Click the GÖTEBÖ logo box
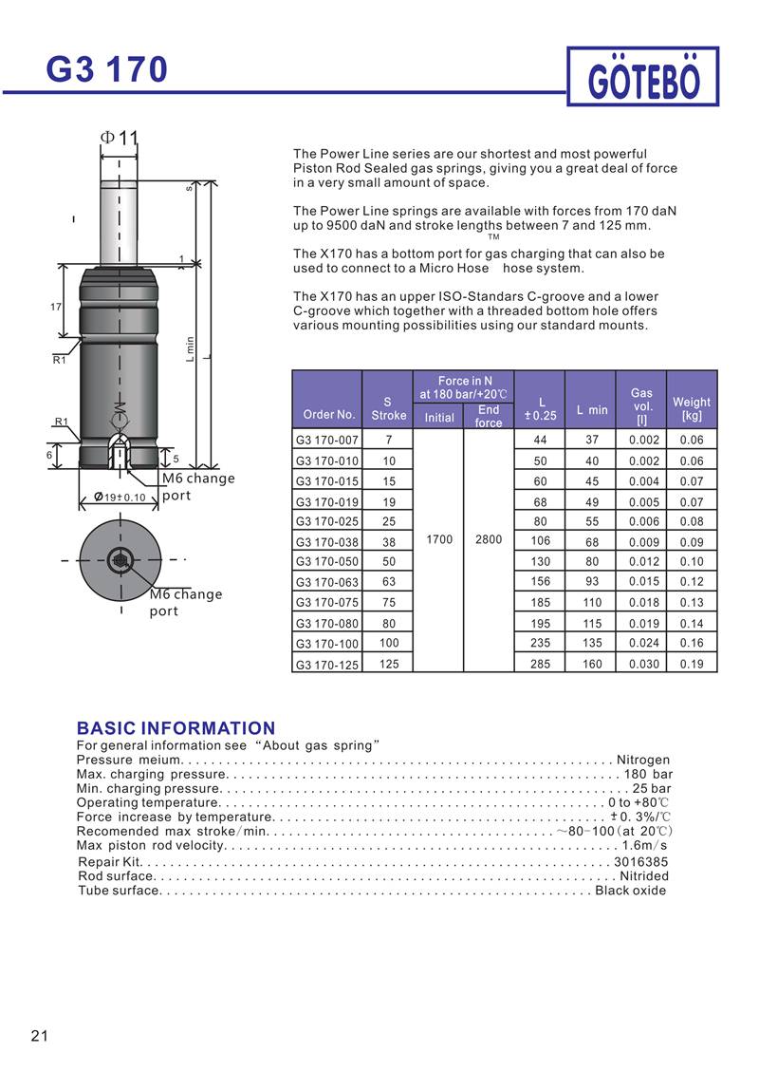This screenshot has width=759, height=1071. pos(643,77)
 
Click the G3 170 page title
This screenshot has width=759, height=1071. pos(107,70)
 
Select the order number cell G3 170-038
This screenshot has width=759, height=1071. pos(327,542)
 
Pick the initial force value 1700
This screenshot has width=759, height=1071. pos(438,539)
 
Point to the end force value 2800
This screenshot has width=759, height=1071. pos(489,539)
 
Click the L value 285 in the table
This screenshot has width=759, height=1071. pos(540,665)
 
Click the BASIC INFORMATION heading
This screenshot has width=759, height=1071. pos(176,728)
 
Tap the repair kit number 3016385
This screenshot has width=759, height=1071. pos(641,862)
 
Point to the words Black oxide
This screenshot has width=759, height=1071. pos(631,891)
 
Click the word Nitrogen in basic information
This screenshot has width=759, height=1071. pos(643,760)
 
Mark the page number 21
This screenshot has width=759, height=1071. pos(40,1035)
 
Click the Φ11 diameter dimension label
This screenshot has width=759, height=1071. pos(120,138)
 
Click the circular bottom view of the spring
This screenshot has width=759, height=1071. pos(120,559)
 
